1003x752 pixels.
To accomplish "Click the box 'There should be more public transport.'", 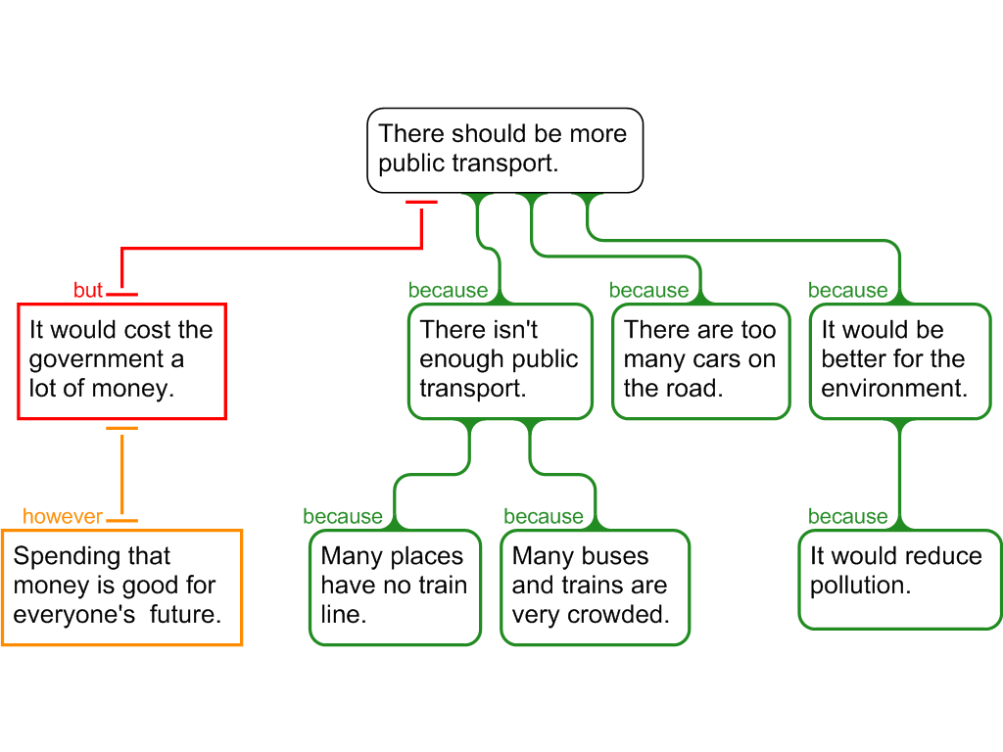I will coord(504,150).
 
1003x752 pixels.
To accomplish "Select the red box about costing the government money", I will coord(121,361).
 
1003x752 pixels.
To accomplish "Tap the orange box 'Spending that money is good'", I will coord(121,587).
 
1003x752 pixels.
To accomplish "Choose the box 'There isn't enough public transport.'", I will coord(500,361).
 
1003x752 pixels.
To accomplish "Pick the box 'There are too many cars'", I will coord(700,361).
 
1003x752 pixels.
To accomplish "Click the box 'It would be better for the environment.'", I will coord(900,361).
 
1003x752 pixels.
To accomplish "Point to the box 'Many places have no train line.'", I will coord(395,587).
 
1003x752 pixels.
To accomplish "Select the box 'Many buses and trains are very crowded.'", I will coord(595,587).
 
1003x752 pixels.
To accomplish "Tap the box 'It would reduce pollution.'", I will coord(899,578).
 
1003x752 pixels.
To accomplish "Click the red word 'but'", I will coord(88,291).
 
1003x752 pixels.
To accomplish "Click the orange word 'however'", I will coord(63,517).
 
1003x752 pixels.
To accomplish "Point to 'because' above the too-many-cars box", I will coord(648,291).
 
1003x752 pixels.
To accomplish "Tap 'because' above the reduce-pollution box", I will coord(847,517).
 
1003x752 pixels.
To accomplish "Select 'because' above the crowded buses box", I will coord(543,517).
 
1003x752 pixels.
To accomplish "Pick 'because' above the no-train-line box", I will coord(343,517).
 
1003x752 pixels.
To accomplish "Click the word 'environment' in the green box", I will coord(893,389).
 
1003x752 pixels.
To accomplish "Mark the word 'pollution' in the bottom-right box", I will coord(860,587).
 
